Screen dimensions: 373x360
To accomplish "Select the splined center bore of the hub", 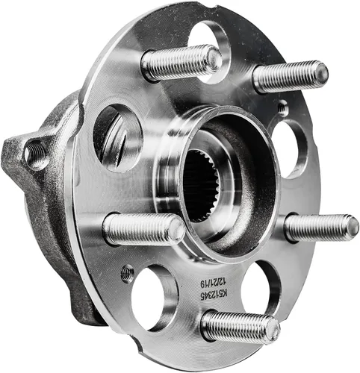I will (x=203, y=191).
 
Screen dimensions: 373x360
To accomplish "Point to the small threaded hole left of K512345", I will (x=128, y=274).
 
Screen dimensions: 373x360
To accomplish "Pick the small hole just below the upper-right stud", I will (x=282, y=110).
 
